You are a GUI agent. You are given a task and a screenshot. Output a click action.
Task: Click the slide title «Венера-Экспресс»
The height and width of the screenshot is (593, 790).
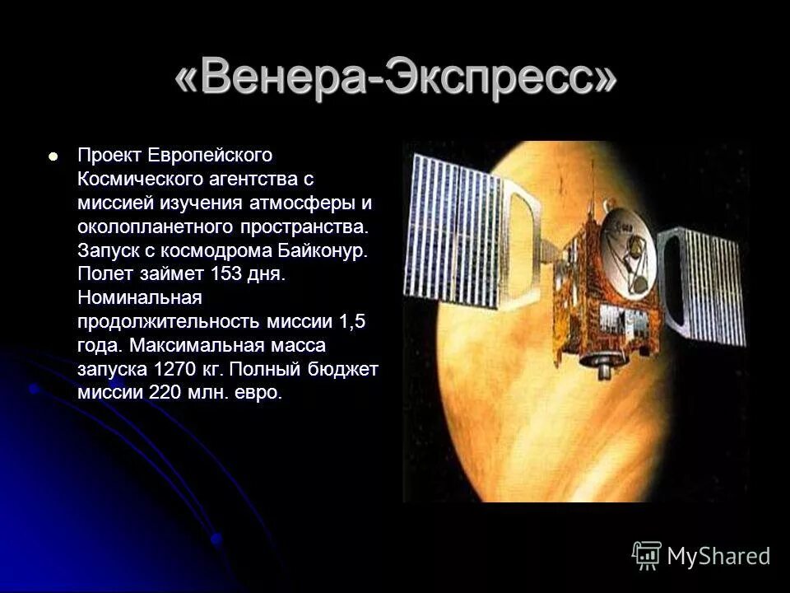click(x=395, y=82)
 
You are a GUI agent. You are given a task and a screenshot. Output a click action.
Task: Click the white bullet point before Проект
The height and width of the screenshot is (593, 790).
click(x=55, y=155)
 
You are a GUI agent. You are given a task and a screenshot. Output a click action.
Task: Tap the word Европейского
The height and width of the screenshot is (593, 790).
click(x=210, y=155)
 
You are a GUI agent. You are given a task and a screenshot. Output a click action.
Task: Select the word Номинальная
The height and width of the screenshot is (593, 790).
click(x=139, y=297)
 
